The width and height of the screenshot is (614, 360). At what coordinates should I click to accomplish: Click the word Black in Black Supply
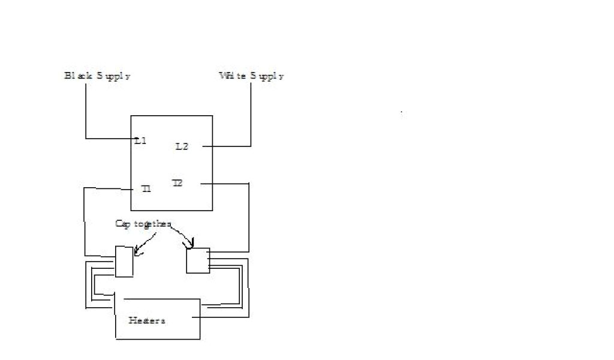click(77, 76)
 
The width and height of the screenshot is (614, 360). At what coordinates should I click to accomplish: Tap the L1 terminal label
click(140, 141)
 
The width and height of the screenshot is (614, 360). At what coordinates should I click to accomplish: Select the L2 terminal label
click(182, 146)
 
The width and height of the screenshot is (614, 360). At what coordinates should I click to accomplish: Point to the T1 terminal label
click(146, 188)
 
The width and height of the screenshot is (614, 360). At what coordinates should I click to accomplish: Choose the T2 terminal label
click(177, 182)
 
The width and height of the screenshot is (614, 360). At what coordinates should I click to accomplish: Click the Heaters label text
click(147, 320)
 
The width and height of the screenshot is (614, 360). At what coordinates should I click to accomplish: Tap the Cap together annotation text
click(143, 224)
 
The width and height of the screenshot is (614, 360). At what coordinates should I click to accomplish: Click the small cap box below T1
click(124, 262)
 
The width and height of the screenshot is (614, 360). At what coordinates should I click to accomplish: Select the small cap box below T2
click(198, 261)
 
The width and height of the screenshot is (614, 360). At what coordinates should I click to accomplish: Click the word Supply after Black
click(113, 76)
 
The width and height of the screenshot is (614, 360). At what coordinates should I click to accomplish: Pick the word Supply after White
click(267, 76)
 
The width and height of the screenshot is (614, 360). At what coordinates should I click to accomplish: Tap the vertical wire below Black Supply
click(86, 111)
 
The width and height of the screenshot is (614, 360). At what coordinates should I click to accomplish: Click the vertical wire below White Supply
click(251, 114)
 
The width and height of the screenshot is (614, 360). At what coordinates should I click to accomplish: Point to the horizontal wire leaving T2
click(224, 184)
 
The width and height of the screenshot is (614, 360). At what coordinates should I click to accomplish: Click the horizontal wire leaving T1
click(108, 188)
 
